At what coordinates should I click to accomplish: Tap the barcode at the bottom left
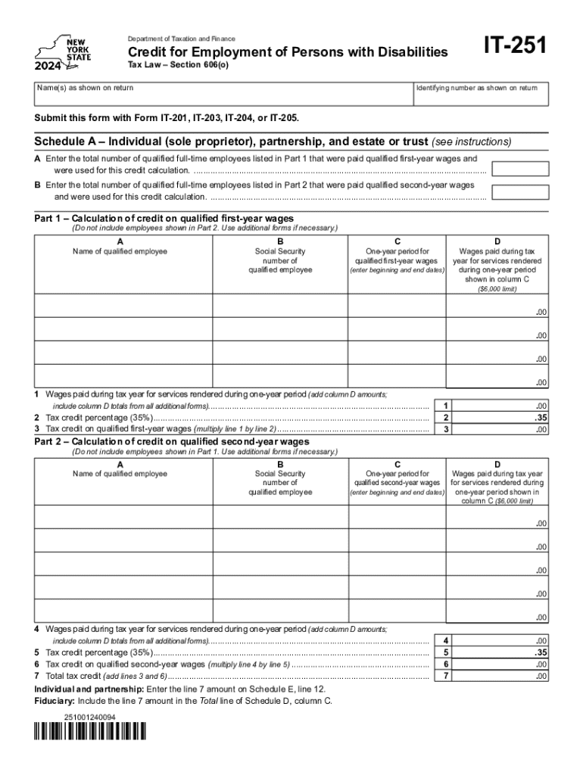(90, 733)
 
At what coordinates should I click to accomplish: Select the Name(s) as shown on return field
(223, 98)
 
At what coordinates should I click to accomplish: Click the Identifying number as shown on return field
(479, 98)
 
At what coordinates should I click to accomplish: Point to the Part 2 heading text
(172, 442)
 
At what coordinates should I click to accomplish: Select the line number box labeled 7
(447, 676)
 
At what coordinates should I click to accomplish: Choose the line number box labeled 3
(447, 429)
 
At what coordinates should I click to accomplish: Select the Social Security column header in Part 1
(280, 260)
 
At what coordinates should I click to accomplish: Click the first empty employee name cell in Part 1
(125, 305)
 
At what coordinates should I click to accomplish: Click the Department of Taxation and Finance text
(181, 39)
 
